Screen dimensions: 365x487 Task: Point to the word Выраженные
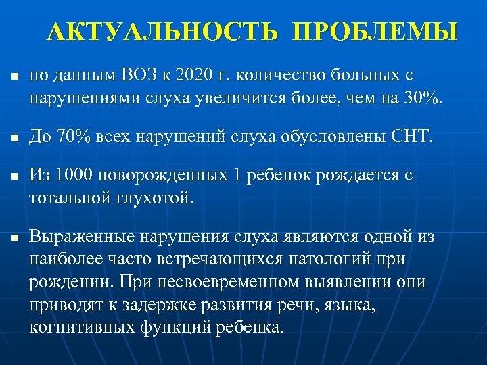click(x=81, y=239)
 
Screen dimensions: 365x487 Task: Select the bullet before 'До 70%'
click(x=13, y=139)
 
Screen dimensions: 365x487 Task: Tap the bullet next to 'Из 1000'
click(x=13, y=177)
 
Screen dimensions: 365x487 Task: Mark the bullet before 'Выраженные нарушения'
click(x=13, y=239)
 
